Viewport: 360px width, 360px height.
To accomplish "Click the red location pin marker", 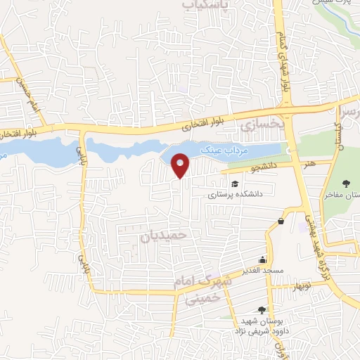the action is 181,165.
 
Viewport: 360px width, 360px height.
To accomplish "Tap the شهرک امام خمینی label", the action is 200,289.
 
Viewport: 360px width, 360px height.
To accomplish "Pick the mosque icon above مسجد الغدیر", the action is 262,259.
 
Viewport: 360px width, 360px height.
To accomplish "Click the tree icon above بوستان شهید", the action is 262,310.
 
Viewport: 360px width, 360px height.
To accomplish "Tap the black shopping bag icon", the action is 281,221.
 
